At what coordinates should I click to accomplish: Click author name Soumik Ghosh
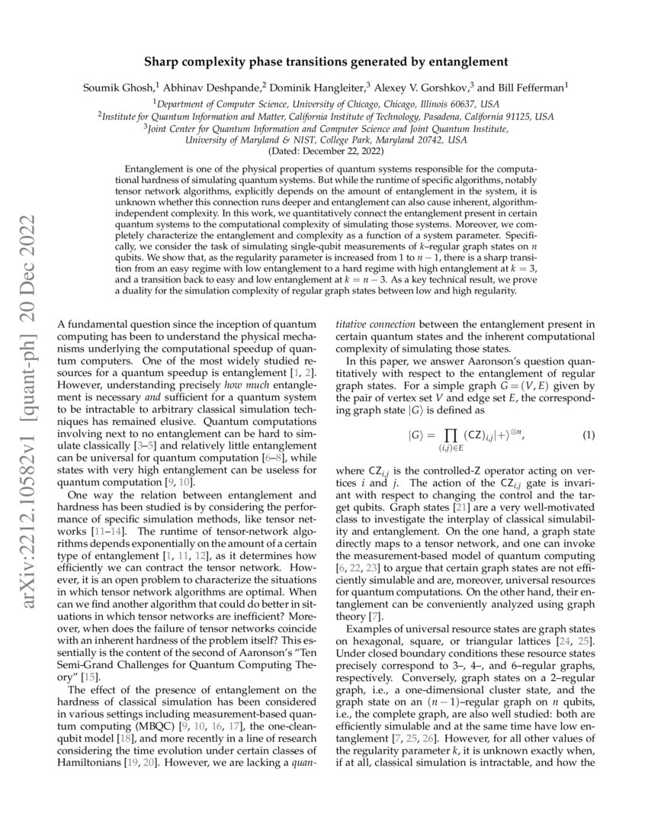116,88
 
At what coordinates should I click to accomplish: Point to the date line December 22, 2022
324,151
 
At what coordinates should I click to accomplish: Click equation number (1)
588,435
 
